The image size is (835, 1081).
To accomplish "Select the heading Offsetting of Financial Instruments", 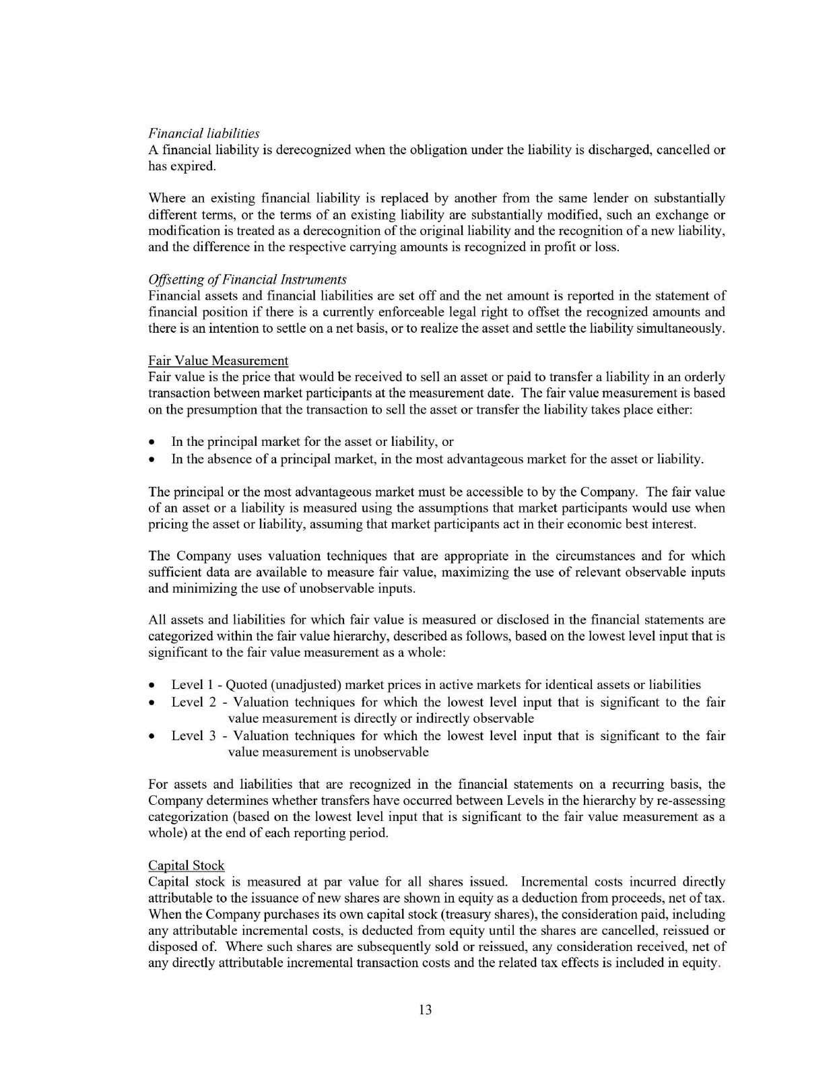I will tap(247, 280).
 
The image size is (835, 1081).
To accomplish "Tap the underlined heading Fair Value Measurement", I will tap(218, 361).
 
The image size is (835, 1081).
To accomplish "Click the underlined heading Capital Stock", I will tap(186, 865).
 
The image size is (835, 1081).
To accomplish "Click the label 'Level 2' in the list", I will tap(193, 702).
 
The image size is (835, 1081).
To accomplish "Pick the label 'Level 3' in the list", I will tap(193, 735).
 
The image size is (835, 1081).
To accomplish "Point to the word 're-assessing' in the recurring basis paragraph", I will tap(692, 801).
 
